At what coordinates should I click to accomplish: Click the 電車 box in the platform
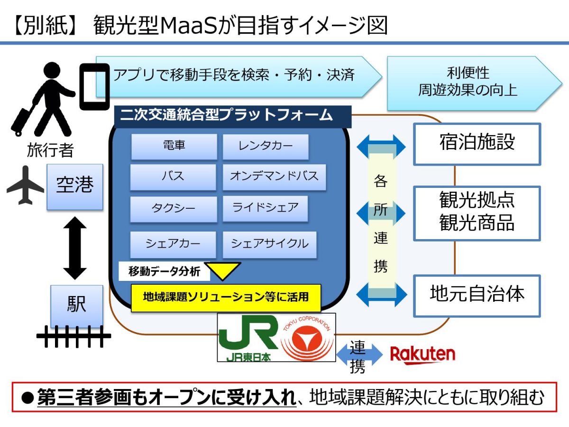[x=174, y=146]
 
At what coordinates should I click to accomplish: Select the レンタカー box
[x=266, y=146]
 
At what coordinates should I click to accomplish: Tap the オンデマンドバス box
[x=274, y=176]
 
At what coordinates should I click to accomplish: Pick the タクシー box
[x=174, y=209]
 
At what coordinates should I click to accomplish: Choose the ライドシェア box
[x=266, y=208]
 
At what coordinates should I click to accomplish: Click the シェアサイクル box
[x=269, y=244]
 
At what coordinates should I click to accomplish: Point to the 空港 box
[x=75, y=186]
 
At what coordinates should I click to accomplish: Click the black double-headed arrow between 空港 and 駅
[x=75, y=248]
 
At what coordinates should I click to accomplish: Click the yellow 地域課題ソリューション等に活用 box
[x=226, y=297]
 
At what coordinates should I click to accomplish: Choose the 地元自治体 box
[x=477, y=295]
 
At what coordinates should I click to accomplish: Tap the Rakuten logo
[x=422, y=354]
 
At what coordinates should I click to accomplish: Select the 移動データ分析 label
[x=161, y=272]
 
